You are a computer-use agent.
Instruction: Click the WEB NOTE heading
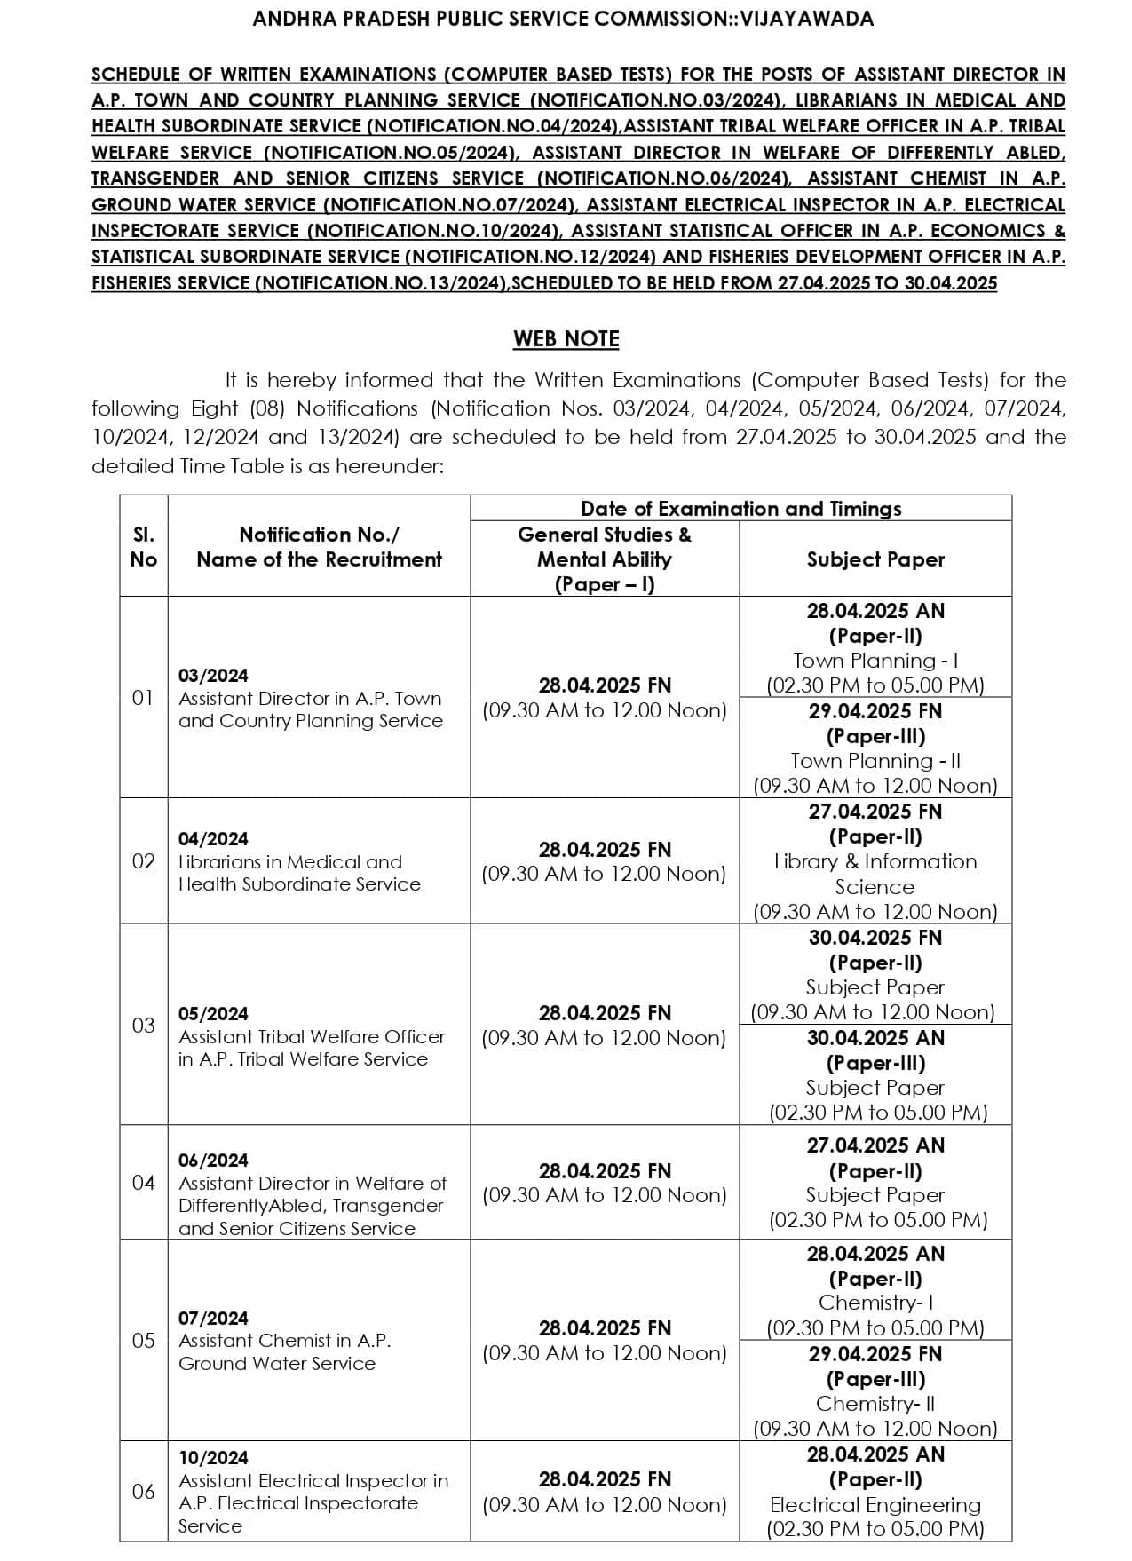point(566,339)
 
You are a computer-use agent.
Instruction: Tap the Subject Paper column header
point(875,559)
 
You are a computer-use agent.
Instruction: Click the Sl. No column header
point(143,547)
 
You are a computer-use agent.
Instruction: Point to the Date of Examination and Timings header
point(740,509)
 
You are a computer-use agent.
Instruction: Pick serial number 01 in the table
point(143,698)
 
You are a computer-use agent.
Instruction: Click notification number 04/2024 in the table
point(213,839)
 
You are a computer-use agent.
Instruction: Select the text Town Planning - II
point(875,761)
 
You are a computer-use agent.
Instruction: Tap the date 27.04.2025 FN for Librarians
point(875,812)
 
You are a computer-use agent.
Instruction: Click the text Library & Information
point(875,861)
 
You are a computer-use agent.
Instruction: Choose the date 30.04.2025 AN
point(875,1038)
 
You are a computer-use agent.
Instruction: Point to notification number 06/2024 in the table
point(213,1161)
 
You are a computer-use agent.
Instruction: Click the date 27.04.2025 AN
point(875,1145)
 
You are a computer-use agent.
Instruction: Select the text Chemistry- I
point(875,1303)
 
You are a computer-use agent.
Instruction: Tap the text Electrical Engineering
point(875,1505)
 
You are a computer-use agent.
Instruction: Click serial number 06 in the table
point(143,1492)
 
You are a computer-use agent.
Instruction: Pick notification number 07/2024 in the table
point(213,1319)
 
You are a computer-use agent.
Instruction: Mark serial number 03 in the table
point(143,1026)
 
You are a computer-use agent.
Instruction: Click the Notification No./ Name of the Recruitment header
point(319,547)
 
